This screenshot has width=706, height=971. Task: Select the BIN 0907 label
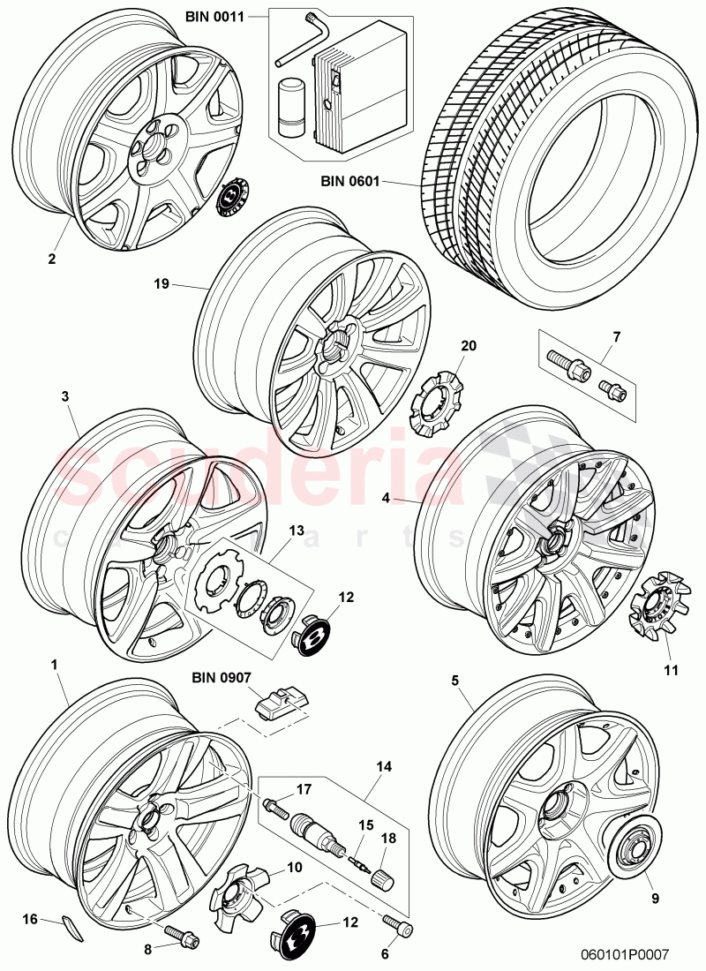click(x=222, y=678)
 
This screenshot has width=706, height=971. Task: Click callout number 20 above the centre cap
click(x=468, y=346)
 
